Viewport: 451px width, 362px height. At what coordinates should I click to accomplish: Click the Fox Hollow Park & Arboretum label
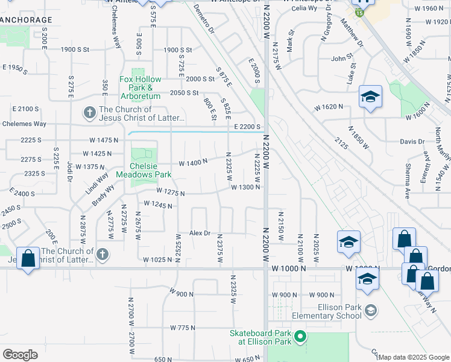click(x=140, y=87)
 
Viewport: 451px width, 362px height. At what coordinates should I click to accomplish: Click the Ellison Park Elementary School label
click(x=325, y=311)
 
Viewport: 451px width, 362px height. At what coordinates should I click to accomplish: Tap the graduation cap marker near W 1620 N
click(x=370, y=97)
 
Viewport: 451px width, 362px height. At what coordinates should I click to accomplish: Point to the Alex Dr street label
click(x=200, y=233)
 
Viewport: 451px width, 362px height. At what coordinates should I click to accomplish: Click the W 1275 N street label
click(x=170, y=192)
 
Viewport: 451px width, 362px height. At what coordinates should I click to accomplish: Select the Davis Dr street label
click(x=412, y=142)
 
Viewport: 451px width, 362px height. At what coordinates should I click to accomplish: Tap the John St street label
click(x=341, y=59)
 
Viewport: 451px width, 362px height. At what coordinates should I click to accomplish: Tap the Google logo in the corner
click(x=20, y=355)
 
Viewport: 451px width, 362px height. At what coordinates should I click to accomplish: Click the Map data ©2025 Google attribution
click(x=414, y=357)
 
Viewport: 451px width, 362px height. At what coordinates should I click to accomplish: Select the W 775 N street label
click(x=183, y=328)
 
